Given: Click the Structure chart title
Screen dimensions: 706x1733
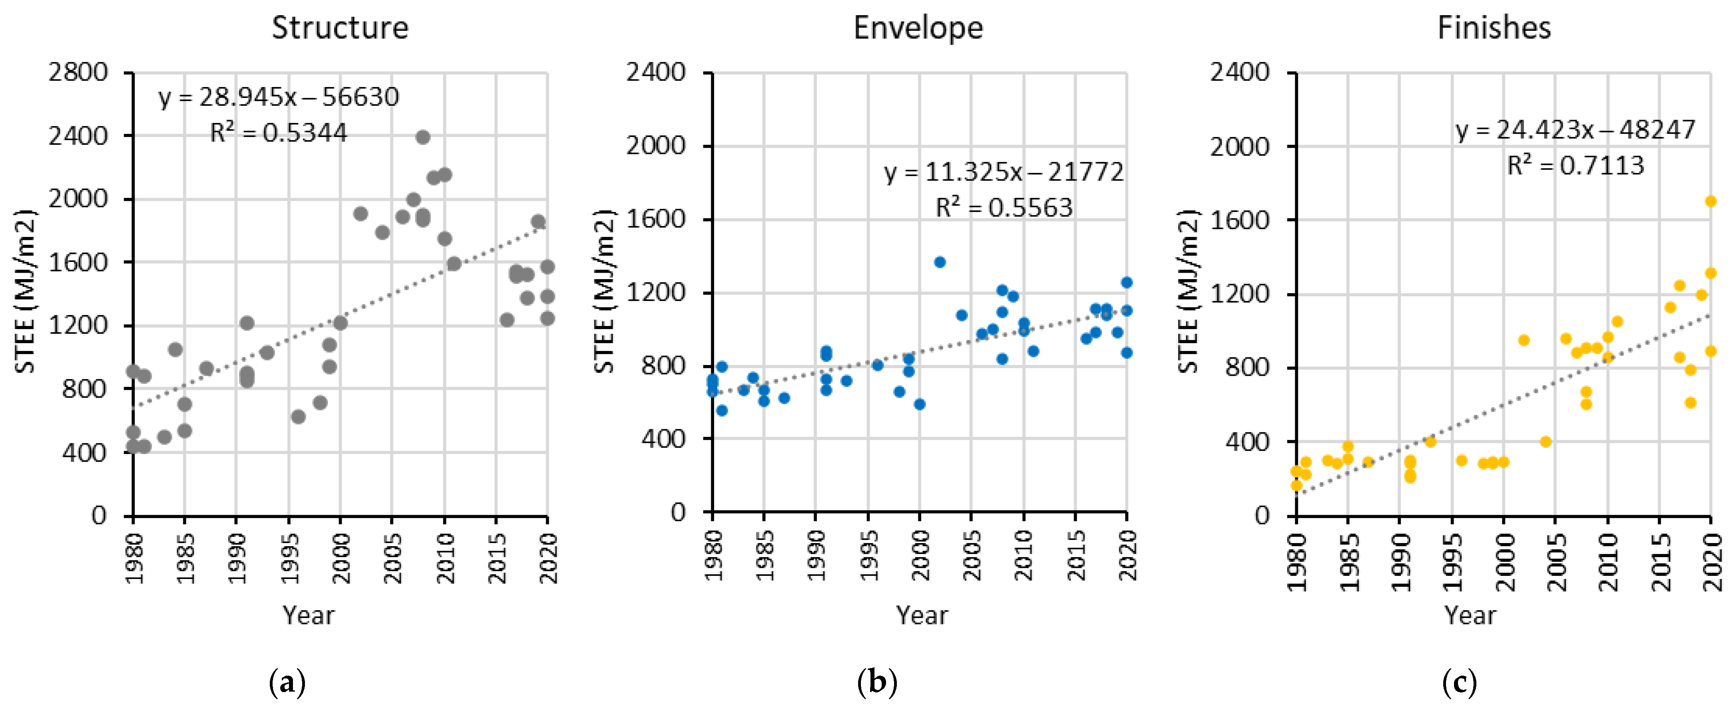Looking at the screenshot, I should coord(340,28).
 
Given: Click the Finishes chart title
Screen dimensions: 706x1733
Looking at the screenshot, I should coord(1494,28).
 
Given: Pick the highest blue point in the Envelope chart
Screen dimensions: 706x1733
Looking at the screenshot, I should coord(940,262).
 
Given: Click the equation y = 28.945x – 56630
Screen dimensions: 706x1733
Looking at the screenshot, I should coord(279,97).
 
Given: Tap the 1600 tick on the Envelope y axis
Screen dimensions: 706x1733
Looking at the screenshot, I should coord(655,219).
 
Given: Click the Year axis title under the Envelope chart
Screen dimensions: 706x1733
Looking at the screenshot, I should coord(921,615).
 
